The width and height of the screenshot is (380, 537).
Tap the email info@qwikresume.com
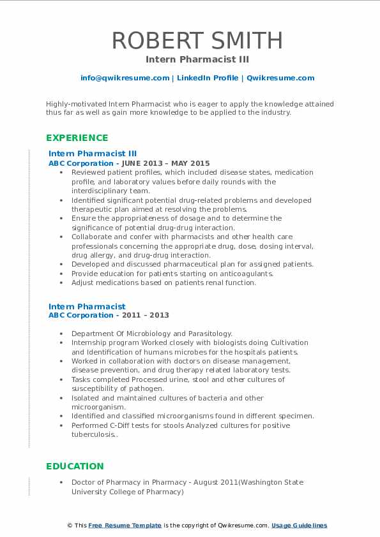[125, 78]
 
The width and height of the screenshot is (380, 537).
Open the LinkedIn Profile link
[207, 78]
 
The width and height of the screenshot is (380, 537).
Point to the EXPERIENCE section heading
[77, 138]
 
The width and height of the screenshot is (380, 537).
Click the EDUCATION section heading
[75, 466]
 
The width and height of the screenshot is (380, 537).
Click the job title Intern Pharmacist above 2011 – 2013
[87, 307]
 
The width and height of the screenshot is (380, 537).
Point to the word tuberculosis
[95, 434]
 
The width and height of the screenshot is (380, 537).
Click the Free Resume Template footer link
[125, 526]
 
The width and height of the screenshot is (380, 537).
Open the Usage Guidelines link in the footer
[299, 526]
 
